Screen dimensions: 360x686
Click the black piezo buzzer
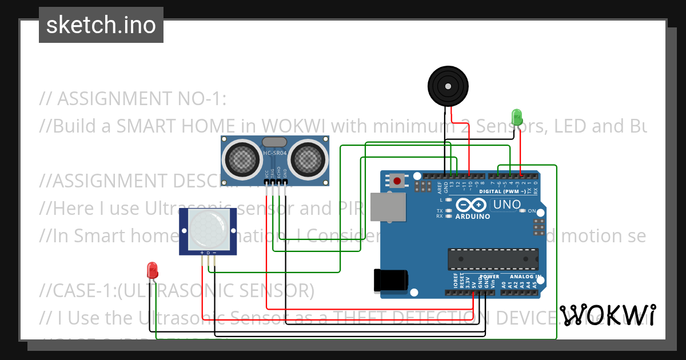pos(448,86)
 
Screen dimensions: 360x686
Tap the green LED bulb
pos(517,117)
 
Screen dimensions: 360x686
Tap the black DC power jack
pos(390,279)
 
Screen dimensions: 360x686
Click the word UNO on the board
pos(506,205)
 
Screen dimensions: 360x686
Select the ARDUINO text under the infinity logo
pos(473,217)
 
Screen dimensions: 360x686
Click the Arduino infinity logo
pos(472,205)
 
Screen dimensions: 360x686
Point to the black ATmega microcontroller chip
pos(493,258)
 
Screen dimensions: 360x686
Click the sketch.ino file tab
pos(101,25)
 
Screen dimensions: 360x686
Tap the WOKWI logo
pos(607,315)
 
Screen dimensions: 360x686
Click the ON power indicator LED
pos(523,211)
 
